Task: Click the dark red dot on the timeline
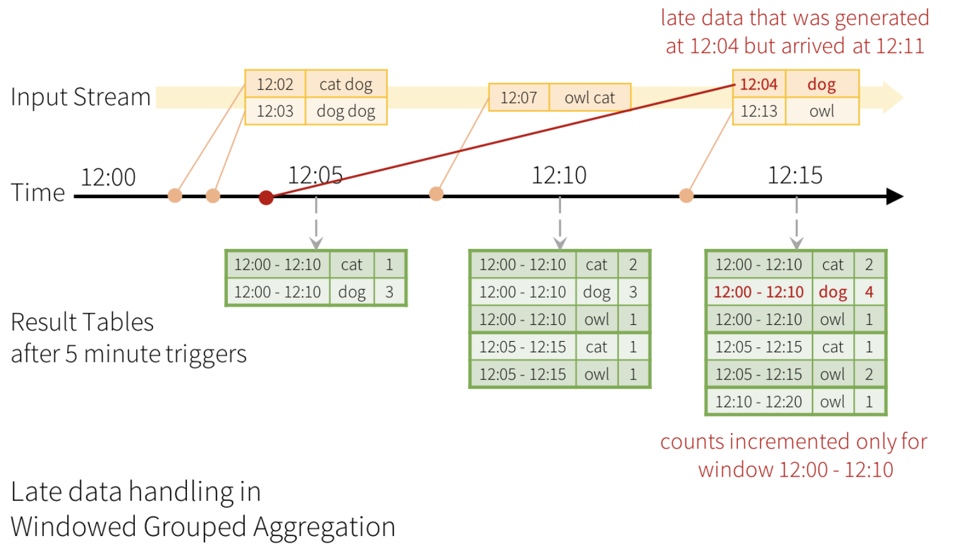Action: [266, 197]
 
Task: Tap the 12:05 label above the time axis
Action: [315, 175]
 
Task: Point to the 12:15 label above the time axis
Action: [795, 175]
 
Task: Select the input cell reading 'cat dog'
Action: [346, 84]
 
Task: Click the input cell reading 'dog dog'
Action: [346, 111]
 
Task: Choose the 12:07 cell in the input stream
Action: [519, 98]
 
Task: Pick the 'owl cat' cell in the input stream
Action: [590, 98]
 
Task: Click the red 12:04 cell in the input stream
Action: [759, 84]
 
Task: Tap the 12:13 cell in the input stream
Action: [759, 111]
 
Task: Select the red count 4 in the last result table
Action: [869, 292]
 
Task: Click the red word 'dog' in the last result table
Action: [833, 292]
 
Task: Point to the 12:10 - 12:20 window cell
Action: [759, 402]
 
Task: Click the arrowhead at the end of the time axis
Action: [895, 196]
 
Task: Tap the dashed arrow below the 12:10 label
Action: [560, 223]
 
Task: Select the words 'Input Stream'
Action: [80, 97]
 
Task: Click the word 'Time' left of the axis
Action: [38, 192]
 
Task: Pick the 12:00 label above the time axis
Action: [108, 177]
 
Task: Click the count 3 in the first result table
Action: [389, 292]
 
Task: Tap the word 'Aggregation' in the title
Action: [324, 527]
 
